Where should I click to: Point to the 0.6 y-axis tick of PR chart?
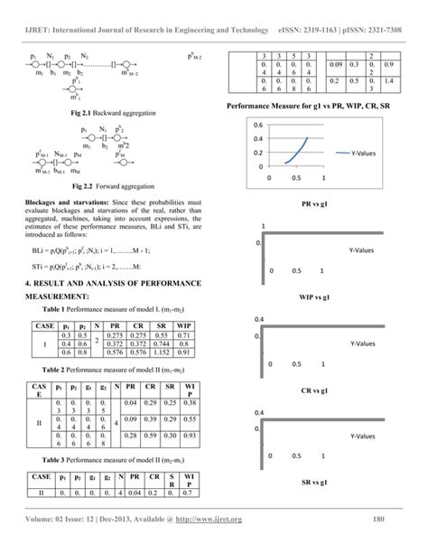(257, 126)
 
